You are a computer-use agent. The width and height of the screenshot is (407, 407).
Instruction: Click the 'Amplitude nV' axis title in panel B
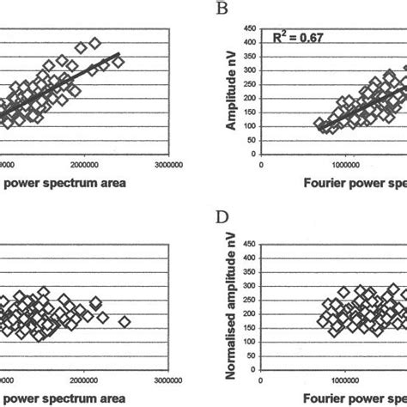click(x=230, y=91)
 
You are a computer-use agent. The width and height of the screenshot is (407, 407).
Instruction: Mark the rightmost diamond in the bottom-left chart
click(x=125, y=322)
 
